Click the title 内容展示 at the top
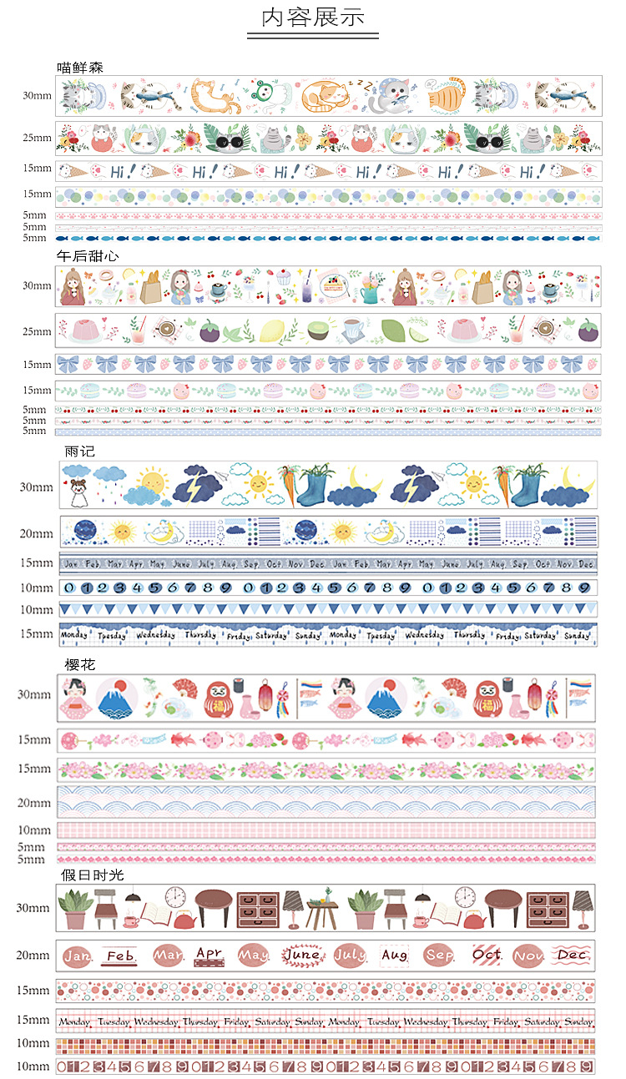click(x=313, y=18)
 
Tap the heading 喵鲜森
click(x=81, y=67)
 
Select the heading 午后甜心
click(x=87, y=256)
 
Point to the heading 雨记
click(x=80, y=451)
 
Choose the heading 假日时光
click(x=92, y=875)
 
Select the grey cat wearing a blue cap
click(x=391, y=96)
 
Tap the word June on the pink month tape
click(x=302, y=955)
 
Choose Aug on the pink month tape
click(x=394, y=955)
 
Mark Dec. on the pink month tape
click(x=573, y=955)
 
